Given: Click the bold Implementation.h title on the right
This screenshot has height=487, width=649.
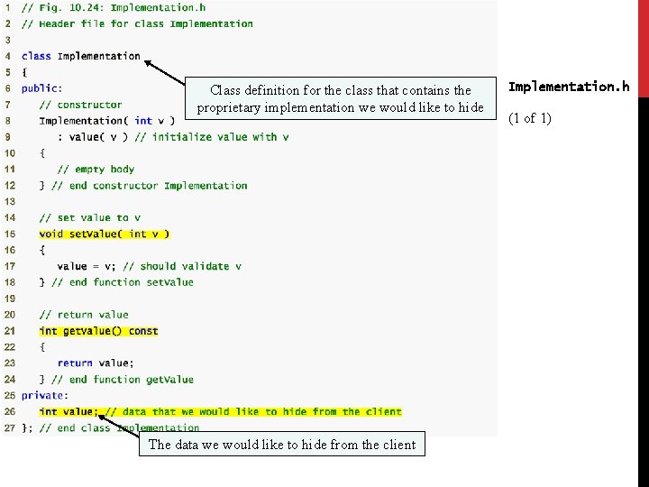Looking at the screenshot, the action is click(x=569, y=87).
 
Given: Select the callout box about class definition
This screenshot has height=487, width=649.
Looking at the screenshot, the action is click(x=340, y=99).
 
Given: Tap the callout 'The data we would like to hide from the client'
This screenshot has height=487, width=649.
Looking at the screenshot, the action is click(x=282, y=445).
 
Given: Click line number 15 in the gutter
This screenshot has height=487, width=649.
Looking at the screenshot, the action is click(x=9, y=234).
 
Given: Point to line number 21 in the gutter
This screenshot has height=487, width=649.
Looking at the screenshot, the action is click(x=9, y=331).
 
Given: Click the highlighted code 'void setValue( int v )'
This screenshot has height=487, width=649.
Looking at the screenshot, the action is click(x=105, y=234).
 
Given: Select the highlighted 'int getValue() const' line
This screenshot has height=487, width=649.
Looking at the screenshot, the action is click(x=98, y=331).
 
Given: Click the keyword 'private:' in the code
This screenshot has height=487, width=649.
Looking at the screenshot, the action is click(x=43, y=395).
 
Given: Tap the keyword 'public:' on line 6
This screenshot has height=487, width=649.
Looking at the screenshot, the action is click(x=41, y=88).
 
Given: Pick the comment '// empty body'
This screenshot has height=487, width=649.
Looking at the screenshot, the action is click(x=96, y=169).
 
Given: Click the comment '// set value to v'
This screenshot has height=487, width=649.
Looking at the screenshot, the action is click(x=90, y=217).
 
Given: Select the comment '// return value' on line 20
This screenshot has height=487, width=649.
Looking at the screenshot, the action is click(x=84, y=315).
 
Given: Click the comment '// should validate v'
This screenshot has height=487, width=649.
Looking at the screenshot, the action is click(x=182, y=266).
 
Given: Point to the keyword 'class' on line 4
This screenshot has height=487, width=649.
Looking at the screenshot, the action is click(x=36, y=56).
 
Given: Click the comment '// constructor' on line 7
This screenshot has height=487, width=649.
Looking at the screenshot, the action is click(x=80, y=105).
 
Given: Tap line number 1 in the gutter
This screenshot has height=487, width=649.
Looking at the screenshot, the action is click(x=8, y=7).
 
